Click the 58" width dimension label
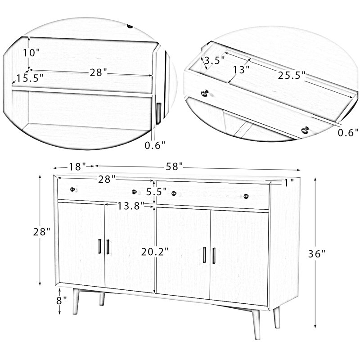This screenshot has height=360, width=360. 174,166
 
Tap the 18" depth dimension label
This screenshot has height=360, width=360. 77,166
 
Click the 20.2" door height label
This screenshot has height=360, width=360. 154,252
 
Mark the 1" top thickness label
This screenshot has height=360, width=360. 289,182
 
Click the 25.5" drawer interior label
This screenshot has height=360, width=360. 291,75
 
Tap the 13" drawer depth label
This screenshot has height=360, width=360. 241,70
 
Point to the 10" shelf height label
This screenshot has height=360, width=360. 31,52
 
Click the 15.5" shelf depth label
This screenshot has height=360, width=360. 29,77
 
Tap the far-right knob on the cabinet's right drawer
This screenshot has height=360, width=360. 246,196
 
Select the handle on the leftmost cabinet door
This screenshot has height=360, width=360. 99,247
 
